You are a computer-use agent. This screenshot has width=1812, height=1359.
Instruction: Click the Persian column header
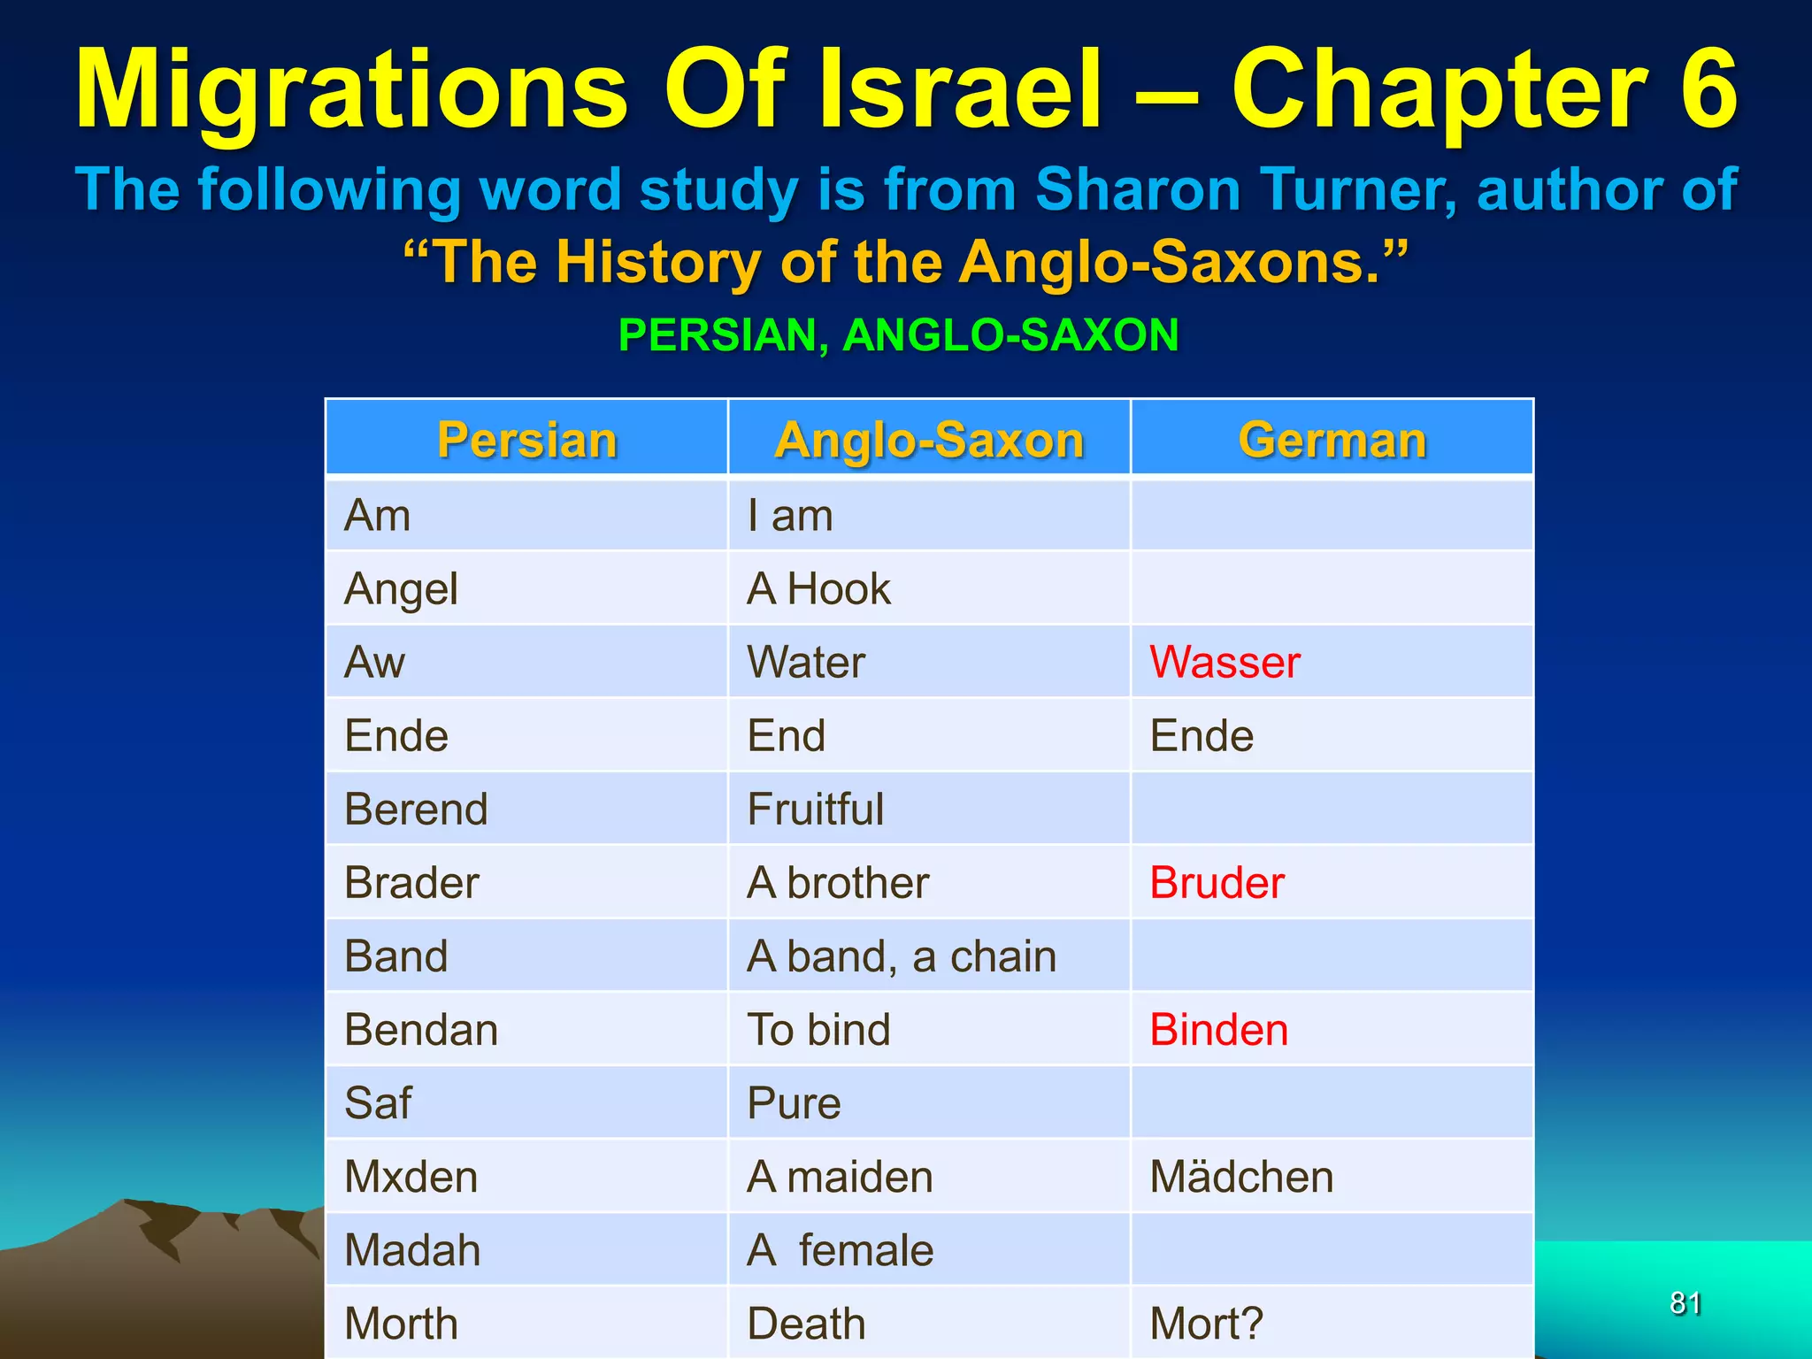click(526, 440)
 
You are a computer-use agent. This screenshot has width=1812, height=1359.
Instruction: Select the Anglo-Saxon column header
click(929, 440)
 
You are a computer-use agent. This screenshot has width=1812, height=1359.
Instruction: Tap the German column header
click(1332, 440)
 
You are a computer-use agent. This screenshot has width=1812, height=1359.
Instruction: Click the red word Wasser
click(1225, 662)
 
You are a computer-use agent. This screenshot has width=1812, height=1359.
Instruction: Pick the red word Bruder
click(1217, 882)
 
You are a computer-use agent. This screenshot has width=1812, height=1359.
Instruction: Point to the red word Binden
click(1218, 1030)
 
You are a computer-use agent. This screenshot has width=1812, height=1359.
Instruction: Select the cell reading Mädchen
click(1241, 1177)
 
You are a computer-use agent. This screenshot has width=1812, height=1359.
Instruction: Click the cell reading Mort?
click(1206, 1324)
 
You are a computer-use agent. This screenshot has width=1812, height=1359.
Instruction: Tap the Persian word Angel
click(401, 589)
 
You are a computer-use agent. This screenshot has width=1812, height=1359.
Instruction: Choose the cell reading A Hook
click(818, 589)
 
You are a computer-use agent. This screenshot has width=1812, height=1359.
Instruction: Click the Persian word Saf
click(378, 1103)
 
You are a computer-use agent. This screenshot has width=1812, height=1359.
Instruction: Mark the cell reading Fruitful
click(815, 810)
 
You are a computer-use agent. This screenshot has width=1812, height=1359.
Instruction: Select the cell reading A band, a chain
click(902, 956)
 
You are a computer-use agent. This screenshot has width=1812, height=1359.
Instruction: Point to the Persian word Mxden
click(411, 1177)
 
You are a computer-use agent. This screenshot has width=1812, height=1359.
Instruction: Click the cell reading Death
click(806, 1324)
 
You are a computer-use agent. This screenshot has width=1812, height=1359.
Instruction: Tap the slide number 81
click(1685, 1303)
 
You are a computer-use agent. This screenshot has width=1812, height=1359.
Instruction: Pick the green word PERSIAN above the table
click(723, 335)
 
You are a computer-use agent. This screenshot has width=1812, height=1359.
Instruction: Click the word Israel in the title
click(961, 88)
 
